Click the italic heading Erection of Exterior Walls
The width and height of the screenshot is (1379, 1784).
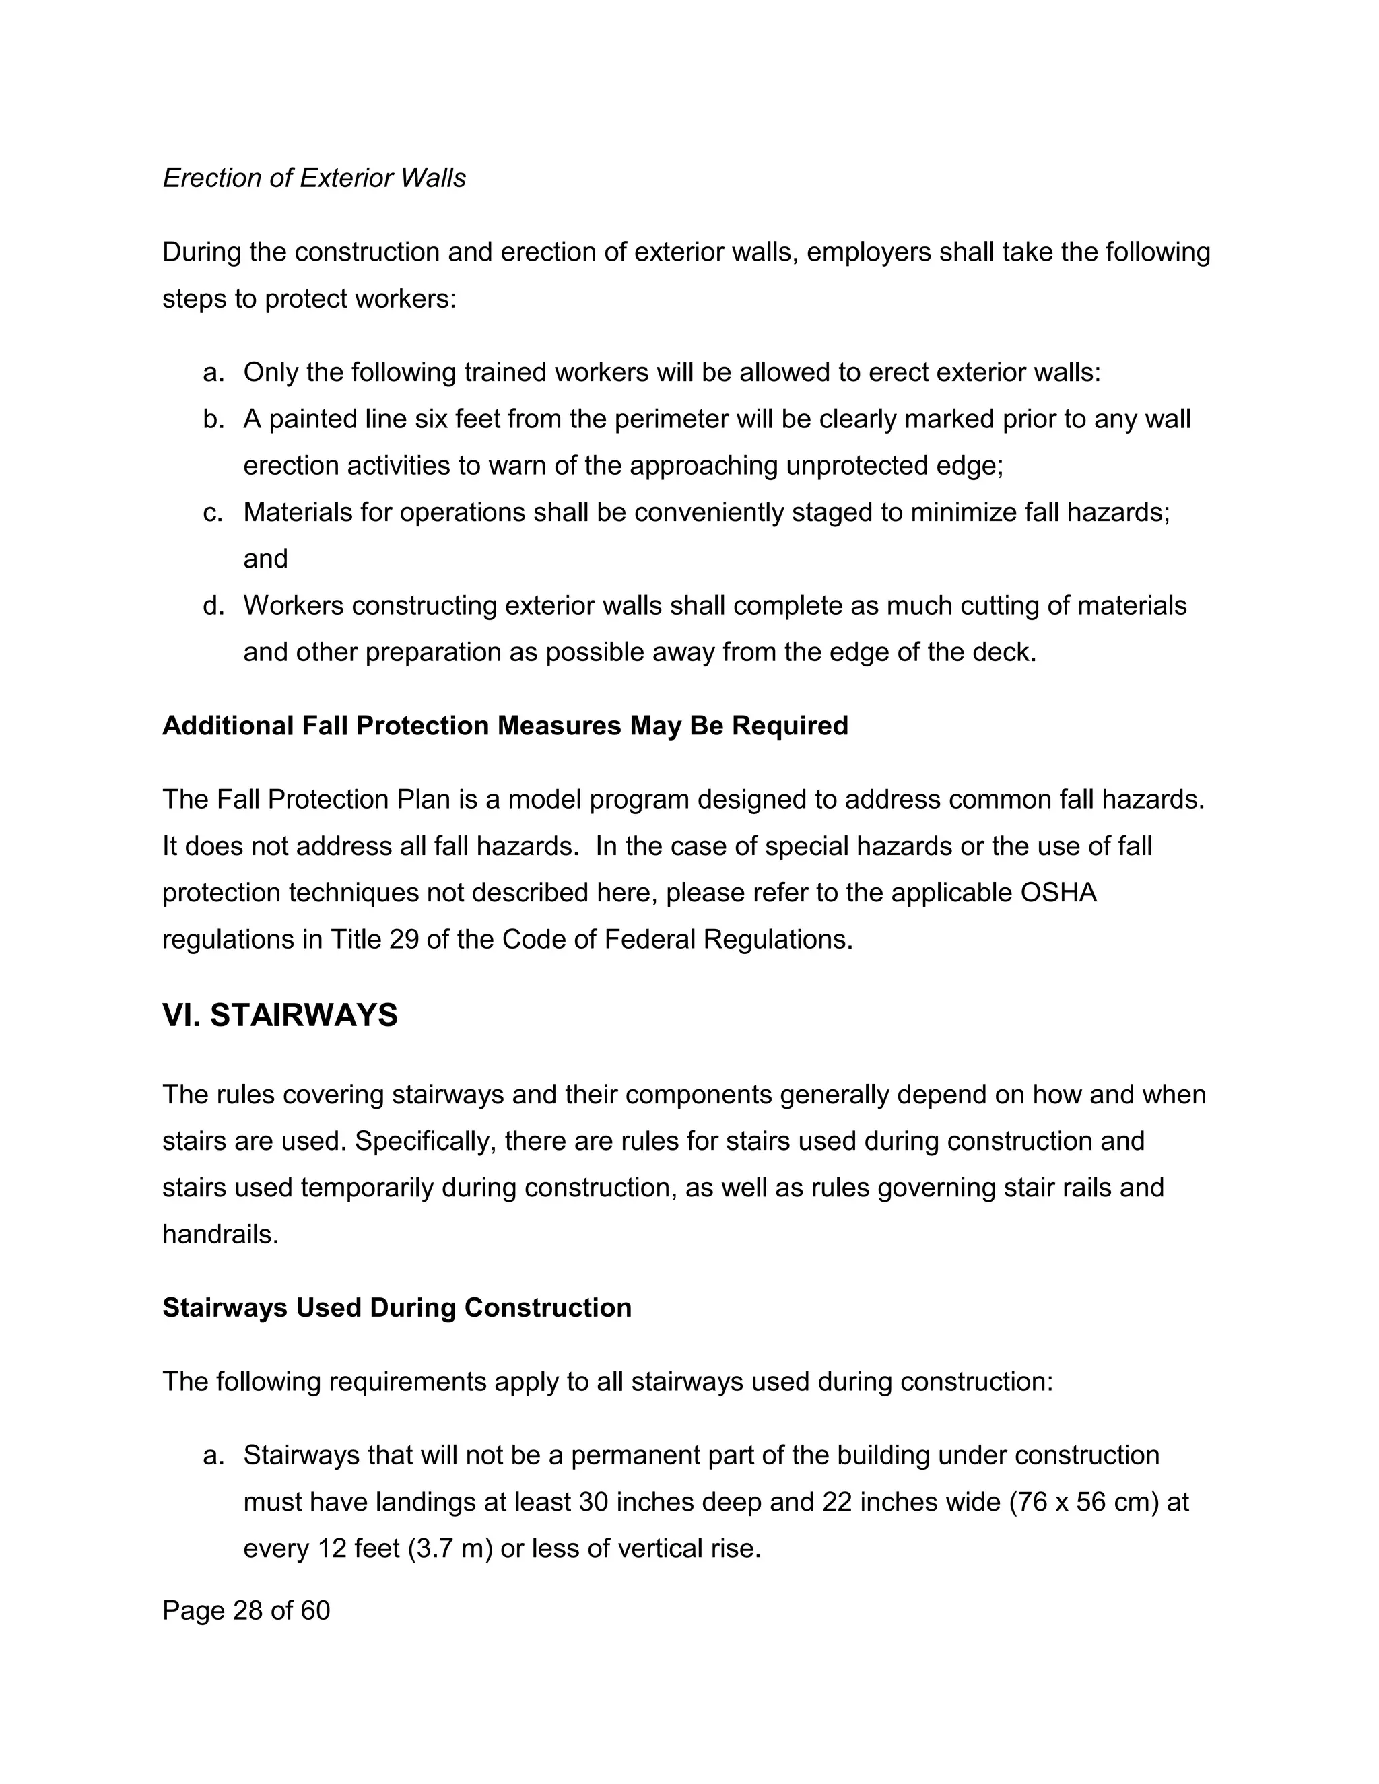(314, 178)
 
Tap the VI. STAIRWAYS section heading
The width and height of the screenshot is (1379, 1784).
(279, 1015)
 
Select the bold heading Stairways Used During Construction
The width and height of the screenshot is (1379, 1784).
(396, 1308)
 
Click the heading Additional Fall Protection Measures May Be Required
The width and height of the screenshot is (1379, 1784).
(505, 725)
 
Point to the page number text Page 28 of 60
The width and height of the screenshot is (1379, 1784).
(246, 1610)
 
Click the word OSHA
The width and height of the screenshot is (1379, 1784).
(1058, 893)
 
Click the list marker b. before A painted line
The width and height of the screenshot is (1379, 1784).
(213, 419)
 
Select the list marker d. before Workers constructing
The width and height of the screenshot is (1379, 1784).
(213, 605)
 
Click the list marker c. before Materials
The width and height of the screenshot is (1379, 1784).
(213, 512)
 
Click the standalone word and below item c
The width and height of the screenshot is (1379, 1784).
(265, 559)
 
